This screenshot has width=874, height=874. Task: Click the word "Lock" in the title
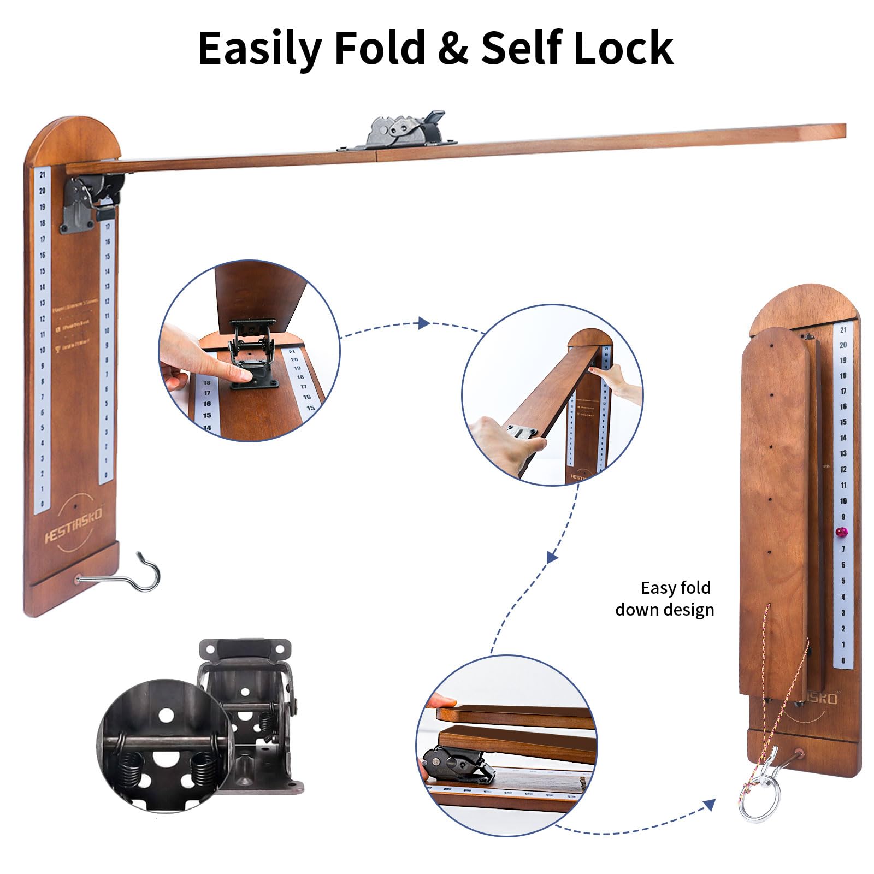(623, 48)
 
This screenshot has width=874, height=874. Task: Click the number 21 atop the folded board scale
(843, 330)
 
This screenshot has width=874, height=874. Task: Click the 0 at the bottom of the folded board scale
(843, 661)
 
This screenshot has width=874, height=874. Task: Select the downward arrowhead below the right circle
(552, 557)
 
